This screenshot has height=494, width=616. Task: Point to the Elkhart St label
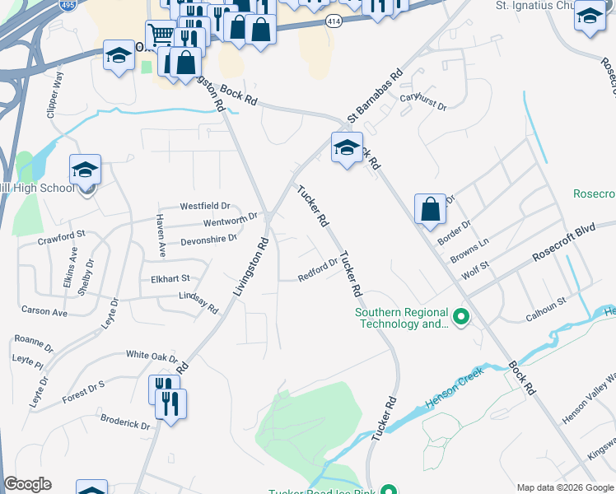tap(170, 279)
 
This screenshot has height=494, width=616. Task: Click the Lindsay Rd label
tap(198, 301)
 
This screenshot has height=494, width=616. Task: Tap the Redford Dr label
tap(319, 271)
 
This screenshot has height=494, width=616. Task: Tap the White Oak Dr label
tap(152, 356)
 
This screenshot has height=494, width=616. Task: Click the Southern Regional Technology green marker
tap(461, 316)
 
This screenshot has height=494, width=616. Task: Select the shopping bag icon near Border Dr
tap(431, 208)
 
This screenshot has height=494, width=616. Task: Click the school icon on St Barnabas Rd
tap(347, 148)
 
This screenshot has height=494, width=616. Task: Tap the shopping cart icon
tap(161, 35)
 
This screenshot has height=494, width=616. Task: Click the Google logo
tap(28, 484)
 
